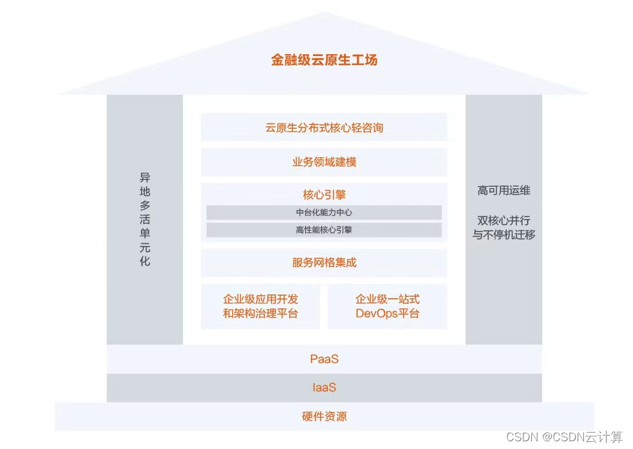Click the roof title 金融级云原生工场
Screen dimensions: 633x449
pos(324,61)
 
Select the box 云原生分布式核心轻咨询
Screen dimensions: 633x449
pos(324,128)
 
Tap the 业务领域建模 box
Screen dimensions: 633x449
pos(324,162)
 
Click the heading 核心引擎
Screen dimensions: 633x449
pos(324,195)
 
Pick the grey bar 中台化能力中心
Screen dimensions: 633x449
pos(324,213)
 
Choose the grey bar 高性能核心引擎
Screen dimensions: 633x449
pos(324,230)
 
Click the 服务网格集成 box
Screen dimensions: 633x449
pos(324,262)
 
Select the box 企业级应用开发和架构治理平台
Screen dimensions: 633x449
pos(261,307)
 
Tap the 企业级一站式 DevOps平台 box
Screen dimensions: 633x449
pos(387,307)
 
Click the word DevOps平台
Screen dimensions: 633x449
pos(387,314)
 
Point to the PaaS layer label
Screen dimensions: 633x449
pos(324,359)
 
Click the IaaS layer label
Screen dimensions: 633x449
pos(324,388)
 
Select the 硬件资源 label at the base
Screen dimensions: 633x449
pos(324,417)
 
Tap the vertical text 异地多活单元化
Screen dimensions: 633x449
pos(145,220)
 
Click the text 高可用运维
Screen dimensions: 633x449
pos(504,191)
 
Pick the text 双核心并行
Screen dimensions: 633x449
pos(504,220)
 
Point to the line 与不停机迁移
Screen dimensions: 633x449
pos(504,234)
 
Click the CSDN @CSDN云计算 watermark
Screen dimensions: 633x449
pos(564,437)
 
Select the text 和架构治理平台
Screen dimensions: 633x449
pos(261,314)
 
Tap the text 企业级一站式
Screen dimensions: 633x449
pos(387,299)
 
